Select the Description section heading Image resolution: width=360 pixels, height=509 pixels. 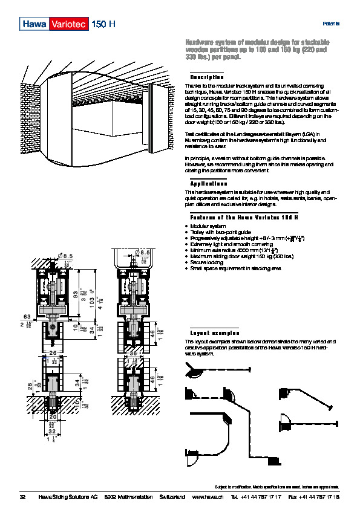click(207, 78)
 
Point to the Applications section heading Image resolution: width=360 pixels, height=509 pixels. click(209, 183)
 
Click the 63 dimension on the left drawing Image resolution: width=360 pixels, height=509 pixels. click(27, 316)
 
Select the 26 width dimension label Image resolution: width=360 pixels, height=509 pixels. click(53, 352)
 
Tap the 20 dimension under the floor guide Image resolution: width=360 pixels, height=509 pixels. click(53, 417)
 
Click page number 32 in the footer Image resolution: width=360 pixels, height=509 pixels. click(23, 496)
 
